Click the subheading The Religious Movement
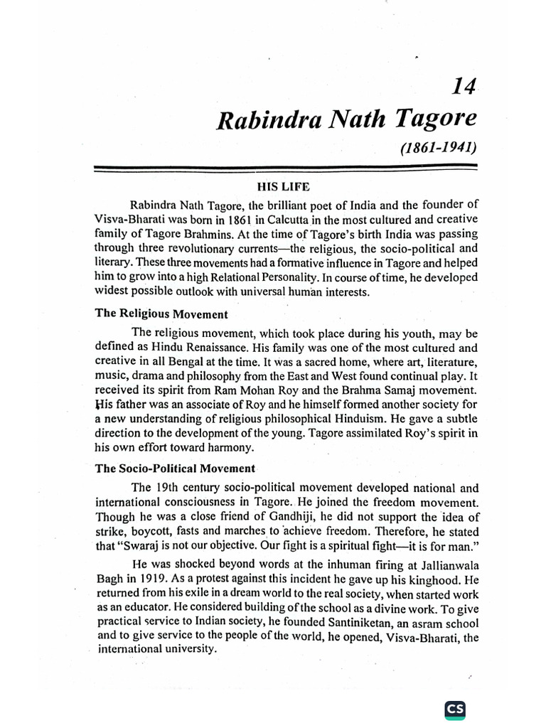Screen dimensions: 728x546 click(161, 314)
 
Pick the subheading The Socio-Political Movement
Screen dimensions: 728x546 click(175, 469)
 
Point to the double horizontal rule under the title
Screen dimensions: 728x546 click(285, 168)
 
